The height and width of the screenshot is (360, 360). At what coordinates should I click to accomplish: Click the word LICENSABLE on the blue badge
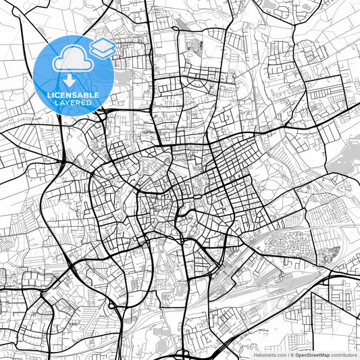tap(72, 95)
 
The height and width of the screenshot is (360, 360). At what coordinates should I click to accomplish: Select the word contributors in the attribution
tap(343, 354)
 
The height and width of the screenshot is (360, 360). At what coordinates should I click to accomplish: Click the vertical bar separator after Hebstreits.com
tap(286, 354)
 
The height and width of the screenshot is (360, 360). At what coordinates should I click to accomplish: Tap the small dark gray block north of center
tap(195, 45)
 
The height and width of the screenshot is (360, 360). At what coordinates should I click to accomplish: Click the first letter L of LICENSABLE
tap(49, 95)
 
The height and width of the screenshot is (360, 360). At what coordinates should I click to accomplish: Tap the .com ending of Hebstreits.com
tap(279, 354)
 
